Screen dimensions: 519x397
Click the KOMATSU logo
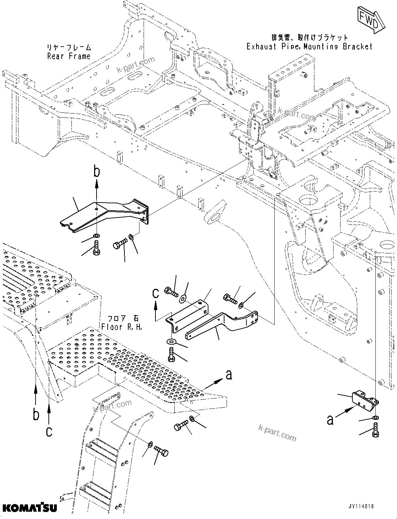[29, 508]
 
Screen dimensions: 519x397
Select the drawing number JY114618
[360, 506]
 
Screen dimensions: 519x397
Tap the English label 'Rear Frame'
[69, 56]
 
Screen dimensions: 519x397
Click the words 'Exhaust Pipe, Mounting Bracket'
[310, 46]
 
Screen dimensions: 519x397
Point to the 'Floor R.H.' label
[122, 327]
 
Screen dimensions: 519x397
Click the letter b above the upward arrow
[97, 172]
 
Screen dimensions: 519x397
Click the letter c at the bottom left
[49, 432]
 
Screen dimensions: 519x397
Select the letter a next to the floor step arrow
[229, 375]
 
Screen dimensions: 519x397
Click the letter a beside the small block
[330, 420]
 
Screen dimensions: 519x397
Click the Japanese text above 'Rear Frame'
[69, 47]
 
